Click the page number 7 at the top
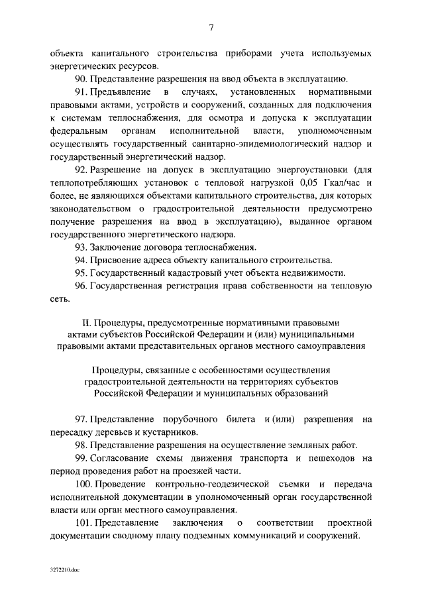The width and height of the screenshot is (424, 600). pos(211,27)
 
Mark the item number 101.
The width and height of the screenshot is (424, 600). pos(84,523)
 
